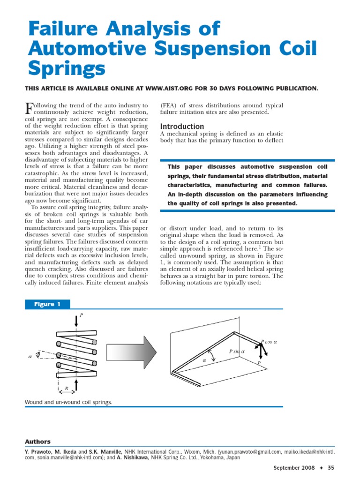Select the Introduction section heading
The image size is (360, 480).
pyautogui.click(x=182, y=127)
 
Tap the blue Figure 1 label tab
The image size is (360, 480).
pyautogui.click(x=47, y=304)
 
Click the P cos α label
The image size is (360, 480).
pyautogui.click(x=269, y=342)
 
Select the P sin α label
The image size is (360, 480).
pyautogui.click(x=237, y=352)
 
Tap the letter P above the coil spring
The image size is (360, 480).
pyautogui.click(x=82, y=316)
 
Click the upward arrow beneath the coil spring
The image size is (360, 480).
pyautogui.click(x=76, y=385)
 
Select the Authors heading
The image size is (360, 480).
pyautogui.click(x=37, y=442)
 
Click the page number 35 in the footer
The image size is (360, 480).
pyautogui.click(x=331, y=468)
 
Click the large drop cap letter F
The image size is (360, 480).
pyautogui.click(x=29, y=108)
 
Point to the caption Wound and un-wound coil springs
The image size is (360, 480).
pyautogui.click(x=68, y=402)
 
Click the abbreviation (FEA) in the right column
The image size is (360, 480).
pyautogui.click(x=169, y=105)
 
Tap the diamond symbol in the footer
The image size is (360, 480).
pyautogui.click(x=321, y=468)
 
